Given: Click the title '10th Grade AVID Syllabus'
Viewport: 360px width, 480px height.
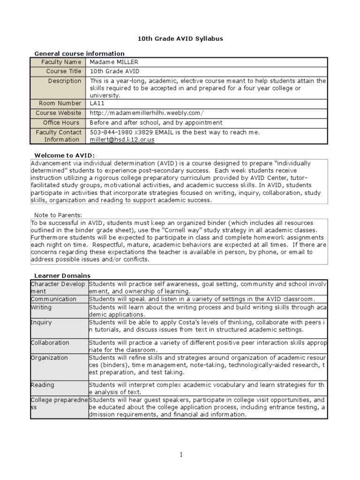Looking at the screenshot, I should pos(180,39).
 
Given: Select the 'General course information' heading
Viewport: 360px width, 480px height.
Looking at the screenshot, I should pos(79,53).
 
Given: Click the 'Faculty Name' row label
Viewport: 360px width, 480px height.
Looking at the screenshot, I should pos(61,62).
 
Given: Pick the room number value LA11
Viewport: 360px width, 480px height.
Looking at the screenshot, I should pos(97,103).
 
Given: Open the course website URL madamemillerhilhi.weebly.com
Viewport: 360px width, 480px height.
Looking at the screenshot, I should pos(147,113).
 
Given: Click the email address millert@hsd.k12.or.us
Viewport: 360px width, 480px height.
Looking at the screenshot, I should pos(122,140).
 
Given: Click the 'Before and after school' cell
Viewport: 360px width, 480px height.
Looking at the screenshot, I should pos(156,123).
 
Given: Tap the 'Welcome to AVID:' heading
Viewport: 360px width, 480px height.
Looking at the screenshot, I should pos(65,155).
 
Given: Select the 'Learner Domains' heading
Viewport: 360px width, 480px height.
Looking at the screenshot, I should pos(62,276).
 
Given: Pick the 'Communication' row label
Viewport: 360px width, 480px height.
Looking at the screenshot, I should pos(53,299).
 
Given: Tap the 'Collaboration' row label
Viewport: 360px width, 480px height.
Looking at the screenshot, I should pos(50,343).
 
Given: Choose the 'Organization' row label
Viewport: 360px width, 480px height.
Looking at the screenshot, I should pos(49,358).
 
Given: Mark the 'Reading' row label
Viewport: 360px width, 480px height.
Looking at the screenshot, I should pos(42,385).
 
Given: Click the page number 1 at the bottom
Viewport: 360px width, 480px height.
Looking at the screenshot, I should pos(180,454).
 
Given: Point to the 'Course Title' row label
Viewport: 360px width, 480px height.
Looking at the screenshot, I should pos(63,71).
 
